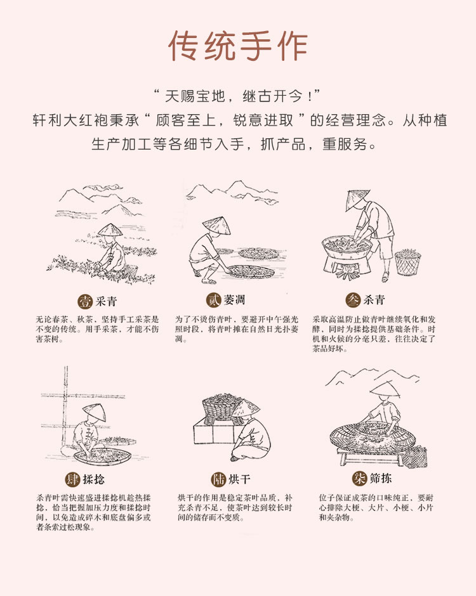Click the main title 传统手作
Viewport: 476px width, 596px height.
(x=238, y=46)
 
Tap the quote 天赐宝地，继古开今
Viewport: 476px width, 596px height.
(x=238, y=97)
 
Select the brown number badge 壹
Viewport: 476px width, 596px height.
(x=84, y=300)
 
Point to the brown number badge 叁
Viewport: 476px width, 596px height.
(x=353, y=299)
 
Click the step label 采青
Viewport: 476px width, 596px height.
(x=105, y=300)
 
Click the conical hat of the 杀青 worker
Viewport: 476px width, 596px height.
(x=357, y=199)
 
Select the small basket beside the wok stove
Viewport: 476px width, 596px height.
(x=407, y=262)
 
